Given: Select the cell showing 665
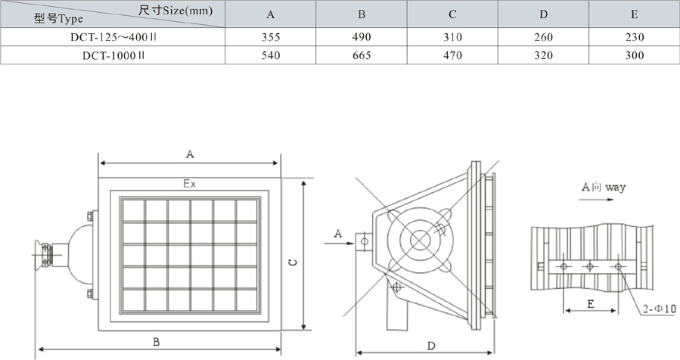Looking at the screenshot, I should [x=362, y=55].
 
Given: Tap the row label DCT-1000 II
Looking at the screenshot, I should [x=113, y=55].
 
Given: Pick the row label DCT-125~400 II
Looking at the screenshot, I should [x=113, y=37].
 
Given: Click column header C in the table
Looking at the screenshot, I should [x=452, y=14].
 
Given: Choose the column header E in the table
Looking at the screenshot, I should [x=634, y=14].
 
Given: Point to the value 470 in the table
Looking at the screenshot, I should [x=452, y=55].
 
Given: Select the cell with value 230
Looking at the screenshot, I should [x=634, y=37].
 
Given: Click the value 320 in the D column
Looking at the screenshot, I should [x=543, y=55].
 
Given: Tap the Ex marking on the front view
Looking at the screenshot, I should [x=190, y=183].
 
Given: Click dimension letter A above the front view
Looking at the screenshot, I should [x=190, y=154].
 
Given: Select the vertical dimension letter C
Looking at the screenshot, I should [x=293, y=262].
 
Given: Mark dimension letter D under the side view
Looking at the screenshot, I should [x=430, y=346].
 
